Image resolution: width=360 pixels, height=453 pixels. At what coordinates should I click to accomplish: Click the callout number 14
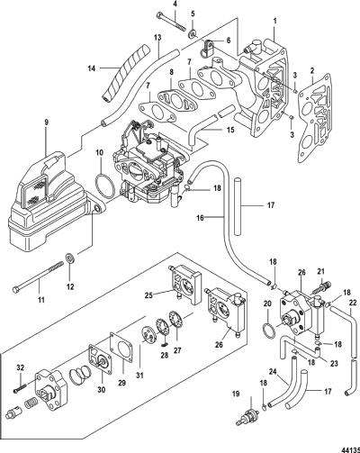pyautogui.click(x=92, y=68)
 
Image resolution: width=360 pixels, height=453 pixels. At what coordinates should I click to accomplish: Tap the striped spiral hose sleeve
pyautogui.click(x=125, y=73)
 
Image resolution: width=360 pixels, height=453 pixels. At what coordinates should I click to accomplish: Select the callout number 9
pyautogui.click(x=46, y=122)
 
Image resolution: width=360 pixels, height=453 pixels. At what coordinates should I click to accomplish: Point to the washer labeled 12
pyautogui.click(x=70, y=258)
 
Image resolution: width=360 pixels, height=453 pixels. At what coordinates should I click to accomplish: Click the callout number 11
pyautogui.click(x=41, y=299)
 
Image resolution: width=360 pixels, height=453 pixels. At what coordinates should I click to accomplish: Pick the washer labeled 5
pyautogui.click(x=192, y=33)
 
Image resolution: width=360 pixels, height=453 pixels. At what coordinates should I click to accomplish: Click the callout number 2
pyautogui.click(x=312, y=71)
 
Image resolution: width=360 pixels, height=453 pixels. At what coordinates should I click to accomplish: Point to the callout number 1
pyautogui.click(x=275, y=21)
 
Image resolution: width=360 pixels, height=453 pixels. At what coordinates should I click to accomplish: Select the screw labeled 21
pyautogui.click(x=321, y=286)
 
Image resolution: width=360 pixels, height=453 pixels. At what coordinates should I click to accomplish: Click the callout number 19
pyautogui.click(x=236, y=394)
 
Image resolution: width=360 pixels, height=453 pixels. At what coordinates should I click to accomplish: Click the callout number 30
pyautogui.click(x=101, y=390)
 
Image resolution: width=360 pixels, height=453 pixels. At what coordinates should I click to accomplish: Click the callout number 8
pyautogui.click(x=171, y=72)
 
